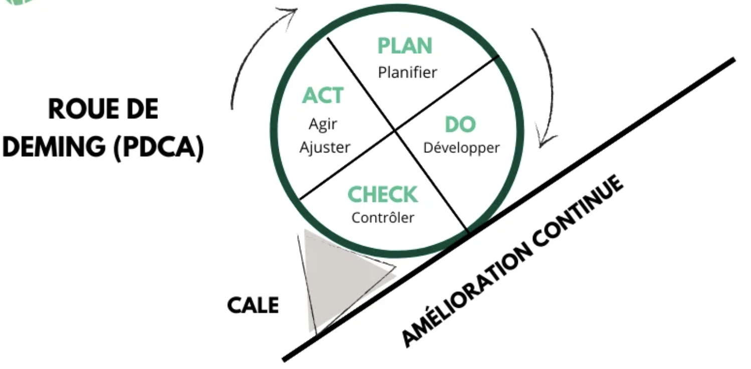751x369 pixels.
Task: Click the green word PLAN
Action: pyautogui.click(x=405, y=46)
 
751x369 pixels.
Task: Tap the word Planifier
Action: pyautogui.click(x=408, y=73)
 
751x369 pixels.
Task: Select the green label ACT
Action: pyautogui.click(x=323, y=96)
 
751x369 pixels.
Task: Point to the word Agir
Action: pyautogui.click(x=323, y=123)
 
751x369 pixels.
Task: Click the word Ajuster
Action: pyautogui.click(x=324, y=148)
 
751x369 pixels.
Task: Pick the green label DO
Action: pyautogui.click(x=460, y=125)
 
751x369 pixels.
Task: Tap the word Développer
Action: pyautogui.click(x=461, y=148)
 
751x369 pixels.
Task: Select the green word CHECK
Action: pyautogui.click(x=383, y=195)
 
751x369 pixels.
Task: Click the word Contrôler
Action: pyautogui.click(x=383, y=218)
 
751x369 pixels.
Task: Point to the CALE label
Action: pyautogui.click(x=253, y=305)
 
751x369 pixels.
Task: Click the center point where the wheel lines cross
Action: pyautogui.click(x=395, y=130)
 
